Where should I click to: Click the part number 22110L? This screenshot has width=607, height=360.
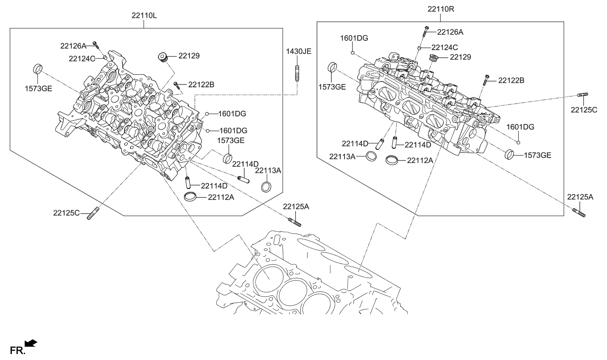(x=144, y=16)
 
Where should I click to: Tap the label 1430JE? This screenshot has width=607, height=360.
(x=298, y=51)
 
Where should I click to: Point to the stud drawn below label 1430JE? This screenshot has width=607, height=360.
(x=296, y=73)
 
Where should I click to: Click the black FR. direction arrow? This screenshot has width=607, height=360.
(x=31, y=343)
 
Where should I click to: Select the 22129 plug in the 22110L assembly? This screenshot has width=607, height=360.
(x=162, y=57)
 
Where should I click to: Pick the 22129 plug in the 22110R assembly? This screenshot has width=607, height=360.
(x=434, y=58)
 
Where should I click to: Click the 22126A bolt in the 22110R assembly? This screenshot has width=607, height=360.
(x=426, y=32)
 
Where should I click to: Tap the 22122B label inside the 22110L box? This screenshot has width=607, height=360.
(x=201, y=85)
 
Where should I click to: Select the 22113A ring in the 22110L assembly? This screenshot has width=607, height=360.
(x=266, y=186)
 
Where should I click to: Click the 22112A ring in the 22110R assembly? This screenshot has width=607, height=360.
(x=392, y=160)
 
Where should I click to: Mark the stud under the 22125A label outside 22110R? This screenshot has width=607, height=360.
(x=579, y=212)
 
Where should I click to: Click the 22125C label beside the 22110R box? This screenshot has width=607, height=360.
(x=584, y=110)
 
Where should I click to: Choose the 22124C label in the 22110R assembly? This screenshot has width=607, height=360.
(x=444, y=48)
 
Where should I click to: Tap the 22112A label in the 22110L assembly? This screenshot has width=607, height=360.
(x=221, y=197)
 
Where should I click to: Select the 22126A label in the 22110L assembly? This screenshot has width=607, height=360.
(x=73, y=45)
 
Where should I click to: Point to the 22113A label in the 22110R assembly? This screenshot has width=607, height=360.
(x=342, y=157)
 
